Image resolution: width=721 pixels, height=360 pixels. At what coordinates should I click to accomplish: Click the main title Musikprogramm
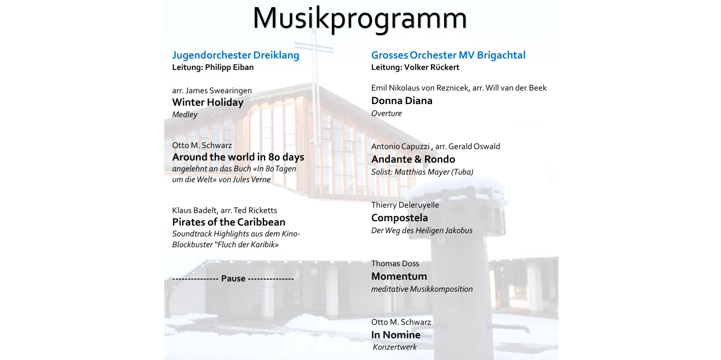(359, 18)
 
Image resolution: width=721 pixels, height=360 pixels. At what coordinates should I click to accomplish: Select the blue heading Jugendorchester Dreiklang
(236, 55)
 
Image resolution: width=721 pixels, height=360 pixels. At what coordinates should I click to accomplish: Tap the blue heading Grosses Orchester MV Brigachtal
(448, 55)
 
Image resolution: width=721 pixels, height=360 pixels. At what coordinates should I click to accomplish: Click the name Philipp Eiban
(229, 67)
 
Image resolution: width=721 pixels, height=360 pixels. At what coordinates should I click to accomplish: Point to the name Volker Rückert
(432, 67)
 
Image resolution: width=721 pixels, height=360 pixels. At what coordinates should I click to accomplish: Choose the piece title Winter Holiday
(208, 102)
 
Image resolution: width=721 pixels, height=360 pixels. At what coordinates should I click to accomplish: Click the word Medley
(185, 114)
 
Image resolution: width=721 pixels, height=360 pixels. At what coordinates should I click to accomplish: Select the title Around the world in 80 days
(238, 157)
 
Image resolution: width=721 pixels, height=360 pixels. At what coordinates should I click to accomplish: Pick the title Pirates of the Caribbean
(229, 222)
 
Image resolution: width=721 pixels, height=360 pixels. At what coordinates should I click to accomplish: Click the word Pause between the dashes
(233, 279)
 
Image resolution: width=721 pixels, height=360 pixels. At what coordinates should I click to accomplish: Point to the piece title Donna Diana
(402, 101)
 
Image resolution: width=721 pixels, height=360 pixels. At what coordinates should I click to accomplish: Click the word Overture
(386, 113)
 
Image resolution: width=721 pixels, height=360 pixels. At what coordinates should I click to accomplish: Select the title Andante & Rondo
(413, 159)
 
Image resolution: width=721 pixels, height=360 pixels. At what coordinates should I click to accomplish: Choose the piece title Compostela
(400, 218)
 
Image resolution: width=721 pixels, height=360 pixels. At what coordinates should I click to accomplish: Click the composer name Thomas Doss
(395, 263)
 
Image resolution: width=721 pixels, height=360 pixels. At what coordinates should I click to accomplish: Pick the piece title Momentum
(399, 277)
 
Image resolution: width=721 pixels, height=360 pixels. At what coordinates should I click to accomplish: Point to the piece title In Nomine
(396, 335)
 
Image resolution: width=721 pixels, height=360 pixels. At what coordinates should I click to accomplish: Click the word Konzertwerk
(395, 347)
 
